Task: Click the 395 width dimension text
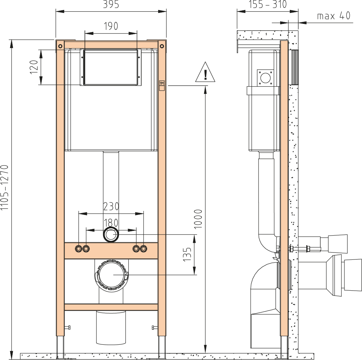111,4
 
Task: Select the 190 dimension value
111,26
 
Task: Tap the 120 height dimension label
34,67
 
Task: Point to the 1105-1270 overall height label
5,187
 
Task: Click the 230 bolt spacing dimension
111,206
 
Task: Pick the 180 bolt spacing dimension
111,223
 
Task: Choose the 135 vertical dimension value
187,254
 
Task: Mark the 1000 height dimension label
198,219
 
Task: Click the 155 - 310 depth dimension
268,4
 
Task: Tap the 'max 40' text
334,16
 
